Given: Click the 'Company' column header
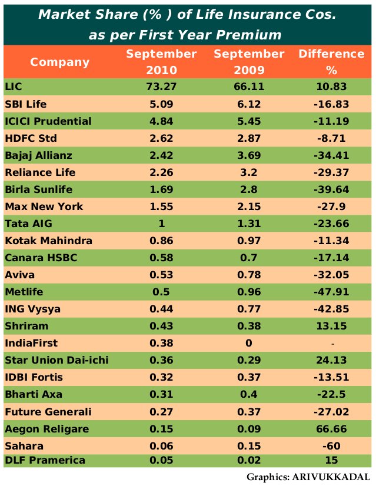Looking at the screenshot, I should pos(60,62).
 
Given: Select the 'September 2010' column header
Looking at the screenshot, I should pos(161,62).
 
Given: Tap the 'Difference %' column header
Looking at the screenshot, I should pos(332,62).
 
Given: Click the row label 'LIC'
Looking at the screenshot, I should pos(13,86).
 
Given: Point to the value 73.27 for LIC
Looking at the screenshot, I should pos(161,86).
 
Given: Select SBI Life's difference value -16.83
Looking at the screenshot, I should pos(332,104).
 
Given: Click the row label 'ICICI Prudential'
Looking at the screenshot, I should pos(48,121).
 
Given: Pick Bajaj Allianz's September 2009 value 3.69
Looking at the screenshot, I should pos(249,155).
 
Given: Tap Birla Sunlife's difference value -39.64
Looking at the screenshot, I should pos(332,189).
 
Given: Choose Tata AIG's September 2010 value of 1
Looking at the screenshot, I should pos(161,224).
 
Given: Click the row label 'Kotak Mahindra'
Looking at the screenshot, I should pos(45,241).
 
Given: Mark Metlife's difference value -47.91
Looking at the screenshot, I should pos(332,292).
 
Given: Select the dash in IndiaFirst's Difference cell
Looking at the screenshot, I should pos(332,343).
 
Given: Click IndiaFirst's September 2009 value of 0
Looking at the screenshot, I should pos(249,343).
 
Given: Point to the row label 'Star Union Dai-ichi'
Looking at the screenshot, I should pos(56,360).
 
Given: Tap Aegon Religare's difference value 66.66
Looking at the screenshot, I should pos(332,428).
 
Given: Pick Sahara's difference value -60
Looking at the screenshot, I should pos(332,445).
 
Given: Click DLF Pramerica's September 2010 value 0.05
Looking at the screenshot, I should pos(161,460).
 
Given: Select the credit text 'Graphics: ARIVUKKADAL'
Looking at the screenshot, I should pos(308,477).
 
